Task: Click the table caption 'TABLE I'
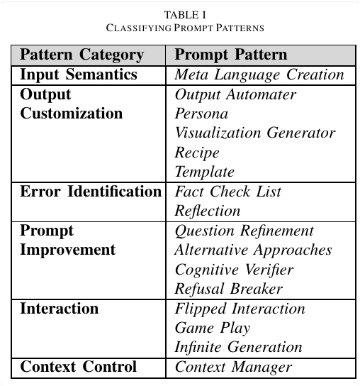[185, 15]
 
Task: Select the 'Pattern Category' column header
[82, 55]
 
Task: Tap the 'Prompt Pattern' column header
[231, 55]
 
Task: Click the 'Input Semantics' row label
[79, 75]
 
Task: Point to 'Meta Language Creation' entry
[259, 75]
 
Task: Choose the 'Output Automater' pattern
[235, 95]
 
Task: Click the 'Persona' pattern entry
[201, 114]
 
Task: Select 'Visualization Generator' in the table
[255, 133]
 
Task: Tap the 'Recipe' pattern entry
[197, 153]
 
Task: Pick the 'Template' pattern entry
[205, 172]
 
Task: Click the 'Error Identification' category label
[91, 192]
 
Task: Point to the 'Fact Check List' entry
[228, 192]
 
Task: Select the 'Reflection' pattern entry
[208, 211]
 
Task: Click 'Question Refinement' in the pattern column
[244, 231]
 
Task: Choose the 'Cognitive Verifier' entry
[234, 270]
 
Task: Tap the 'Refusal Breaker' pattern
[229, 289]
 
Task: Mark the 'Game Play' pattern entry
[213, 328]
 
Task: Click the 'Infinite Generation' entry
[239, 347]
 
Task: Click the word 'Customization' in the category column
[72, 114]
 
